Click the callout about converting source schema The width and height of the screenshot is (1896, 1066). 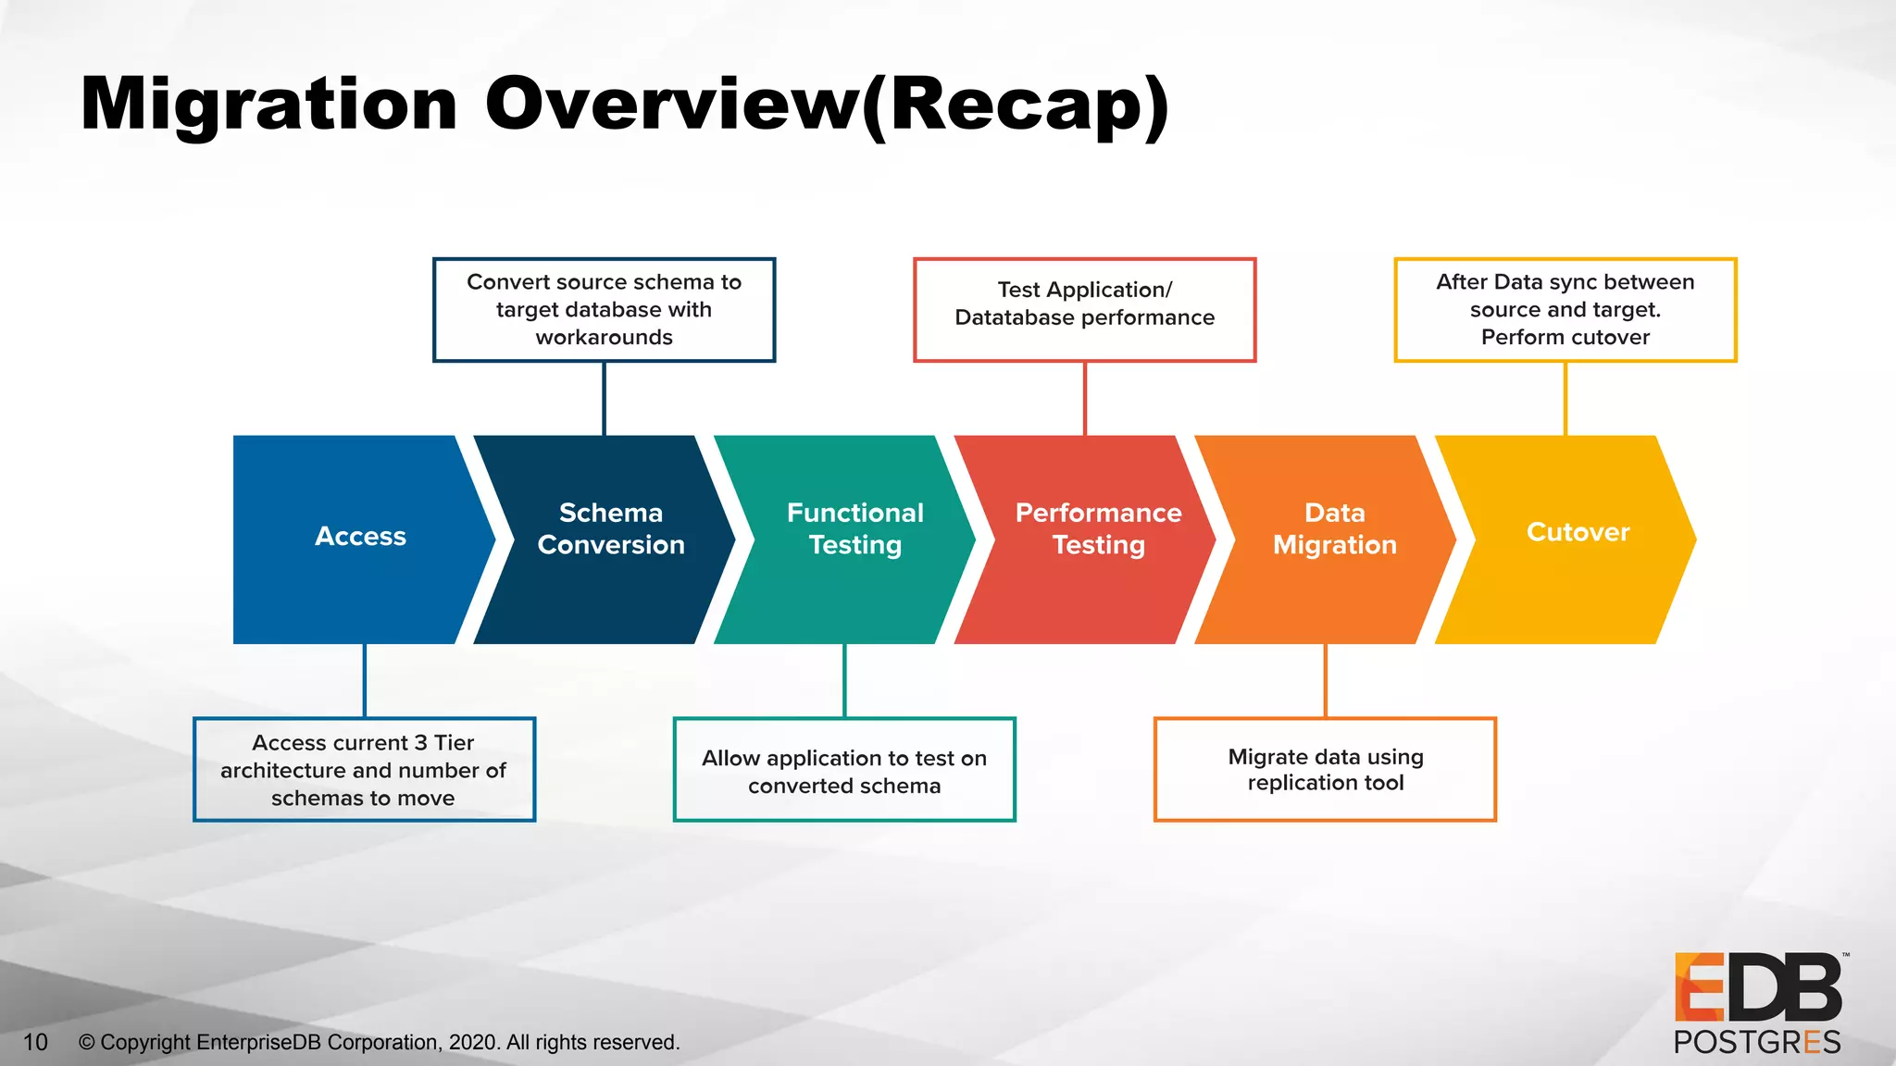[604, 310]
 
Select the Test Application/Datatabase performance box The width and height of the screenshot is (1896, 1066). [1084, 310]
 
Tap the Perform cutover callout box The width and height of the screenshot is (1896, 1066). [1565, 310]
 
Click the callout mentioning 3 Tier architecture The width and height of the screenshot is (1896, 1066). [364, 770]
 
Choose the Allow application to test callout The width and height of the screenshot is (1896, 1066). [844, 770]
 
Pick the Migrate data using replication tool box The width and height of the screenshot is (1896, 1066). [1325, 770]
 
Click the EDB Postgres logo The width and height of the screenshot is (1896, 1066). [1757, 1005]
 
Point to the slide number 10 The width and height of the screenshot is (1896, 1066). [35, 1043]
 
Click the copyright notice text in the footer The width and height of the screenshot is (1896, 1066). [380, 1043]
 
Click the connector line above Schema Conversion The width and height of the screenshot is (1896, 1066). [604, 398]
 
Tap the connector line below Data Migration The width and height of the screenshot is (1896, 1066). [1325, 681]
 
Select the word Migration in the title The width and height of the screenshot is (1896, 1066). [268, 105]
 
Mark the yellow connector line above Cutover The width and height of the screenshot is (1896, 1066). [1565, 398]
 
